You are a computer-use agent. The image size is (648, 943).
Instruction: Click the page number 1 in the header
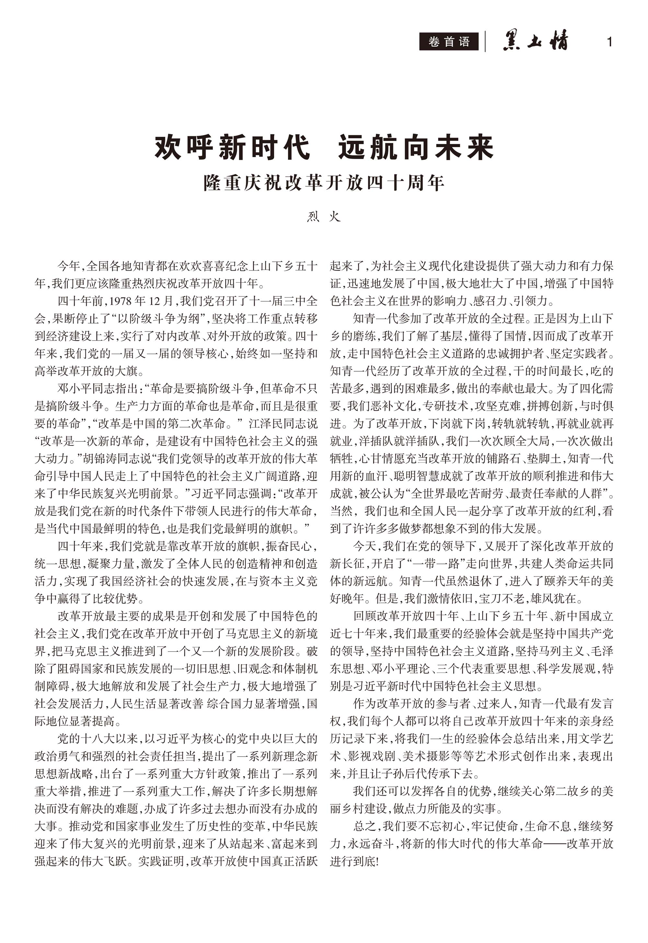[x=609, y=42]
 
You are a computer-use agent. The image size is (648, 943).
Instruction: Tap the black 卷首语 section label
[x=449, y=42]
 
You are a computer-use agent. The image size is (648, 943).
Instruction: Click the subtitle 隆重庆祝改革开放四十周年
[x=324, y=183]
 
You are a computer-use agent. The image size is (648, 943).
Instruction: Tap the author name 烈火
[x=324, y=217]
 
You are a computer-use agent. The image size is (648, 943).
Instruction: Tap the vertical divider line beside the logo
[x=485, y=42]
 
